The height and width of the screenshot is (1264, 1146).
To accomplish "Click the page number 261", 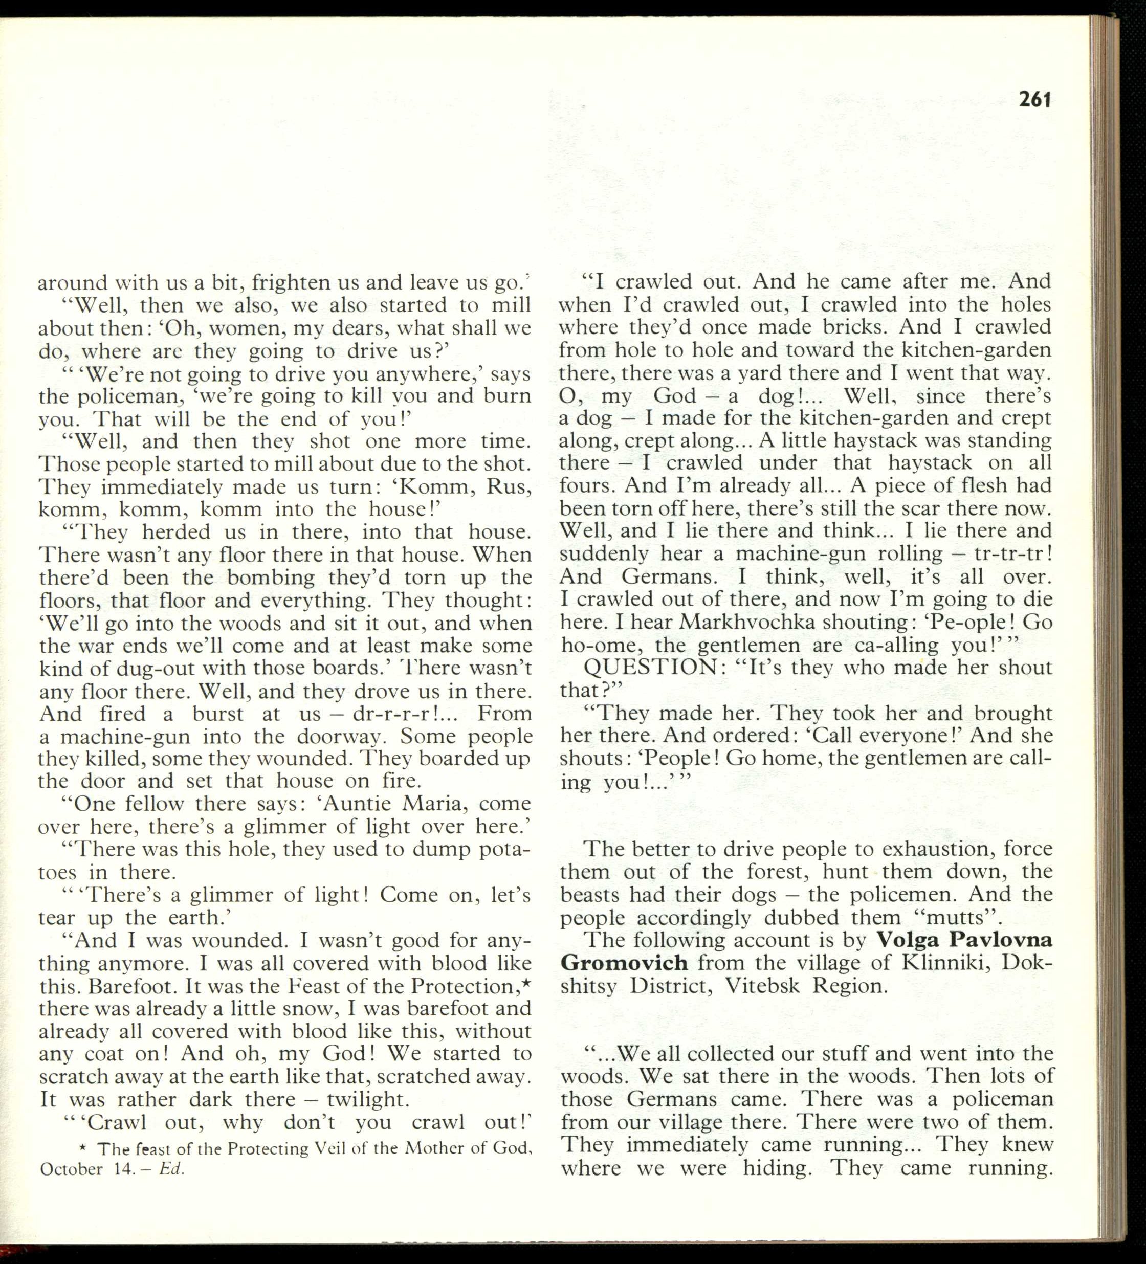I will tap(1034, 100).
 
